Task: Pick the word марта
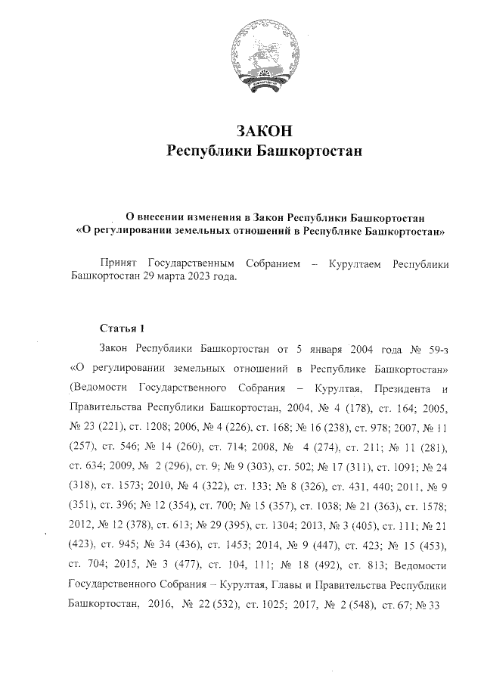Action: (x=155, y=276)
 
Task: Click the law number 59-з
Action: (x=439, y=349)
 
